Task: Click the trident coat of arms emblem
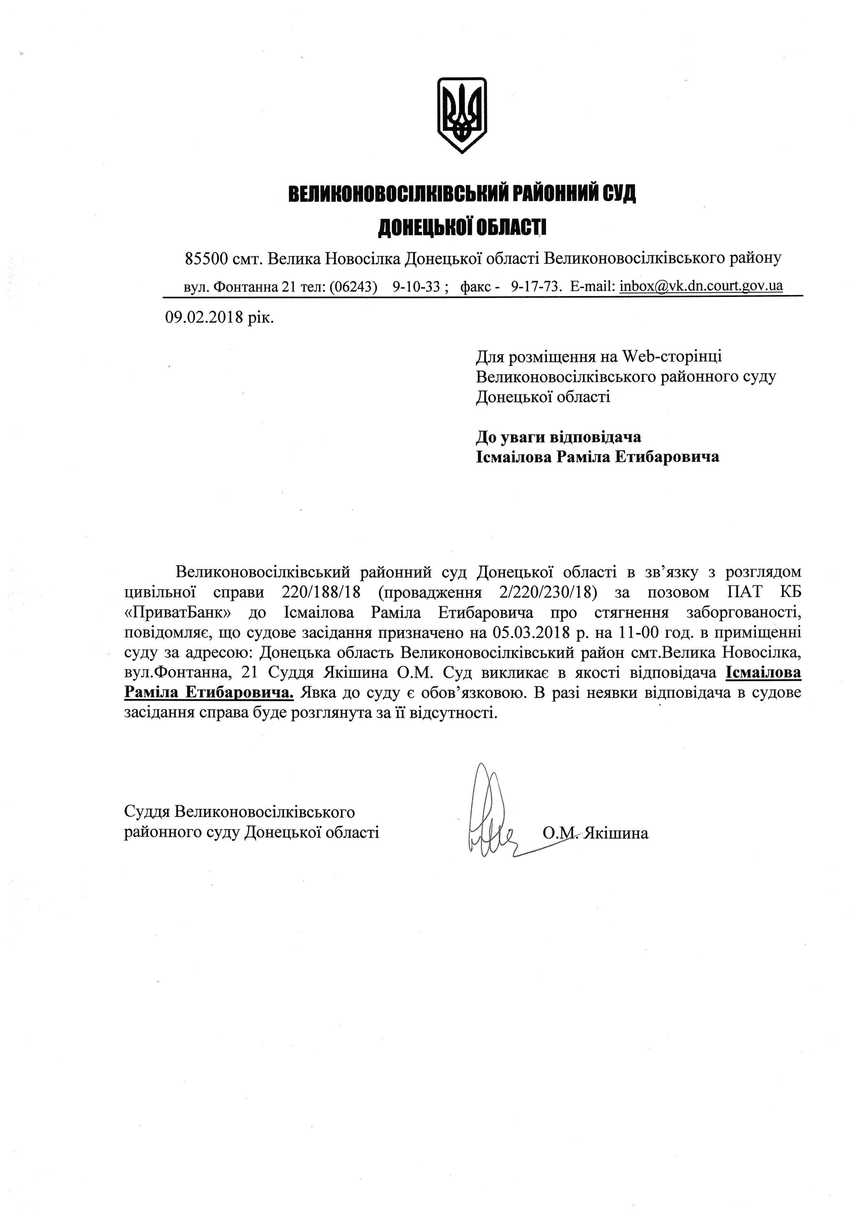click(461, 115)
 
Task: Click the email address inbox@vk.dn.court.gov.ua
click(701, 286)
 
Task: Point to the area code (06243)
click(353, 286)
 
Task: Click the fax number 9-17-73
click(535, 286)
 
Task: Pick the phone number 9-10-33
click(417, 286)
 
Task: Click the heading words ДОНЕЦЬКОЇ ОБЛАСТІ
click(461, 227)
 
